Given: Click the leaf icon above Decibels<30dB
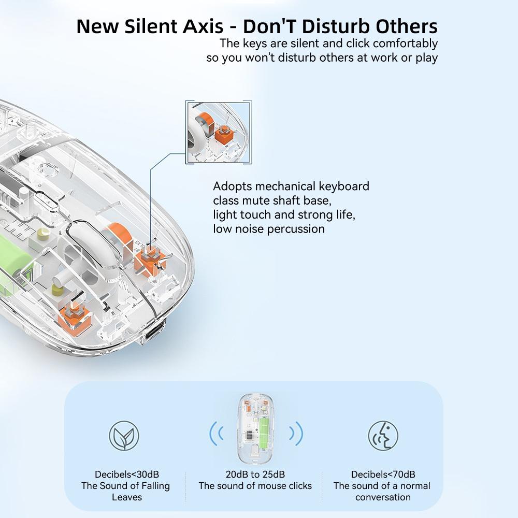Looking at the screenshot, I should point(124,436).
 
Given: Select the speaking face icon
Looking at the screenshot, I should point(383,436).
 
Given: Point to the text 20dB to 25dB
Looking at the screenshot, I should point(255,474).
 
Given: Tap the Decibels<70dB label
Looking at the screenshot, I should point(383,474).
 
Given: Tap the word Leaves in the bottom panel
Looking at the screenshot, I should point(126,497).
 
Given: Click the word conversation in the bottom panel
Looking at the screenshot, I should point(383,497).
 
